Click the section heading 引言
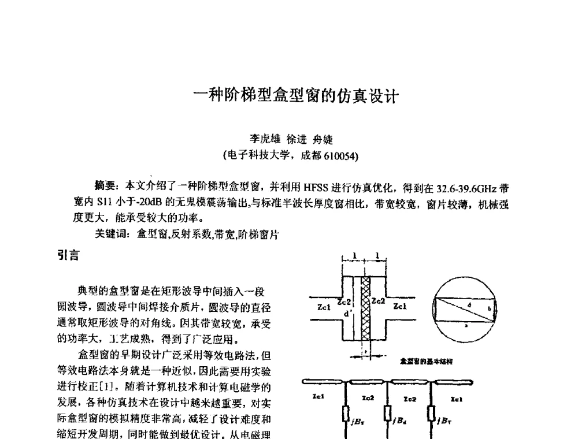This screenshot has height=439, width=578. click(x=68, y=254)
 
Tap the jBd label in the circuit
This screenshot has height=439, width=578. click(x=398, y=420)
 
